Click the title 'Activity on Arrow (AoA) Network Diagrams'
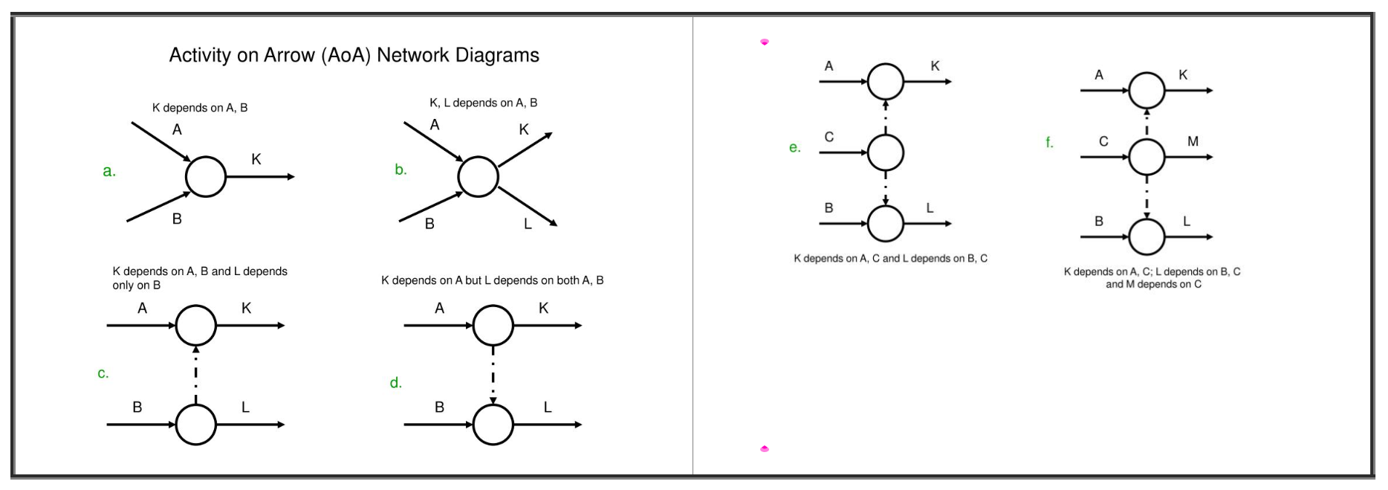click(354, 55)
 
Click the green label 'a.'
click(109, 171)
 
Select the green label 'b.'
click(400, 170)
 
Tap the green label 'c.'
click(103, 373)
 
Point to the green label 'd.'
click(395, 383)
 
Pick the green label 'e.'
click(795, 147)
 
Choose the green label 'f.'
click(1049, 142)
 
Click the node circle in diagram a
click(205, 177)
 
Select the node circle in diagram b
click(478, 177)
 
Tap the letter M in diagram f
click(1193, 141)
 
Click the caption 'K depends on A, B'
click(200, 108)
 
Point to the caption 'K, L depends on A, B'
click(483, 103)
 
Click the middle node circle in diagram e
click(885, 152)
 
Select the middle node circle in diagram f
click(1147, 157)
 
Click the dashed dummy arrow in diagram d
click(493, 375)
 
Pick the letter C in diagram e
click(829, 137)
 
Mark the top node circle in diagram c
click(195, 326)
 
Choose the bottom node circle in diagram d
click(493, 425)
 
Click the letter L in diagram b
click(528, 224)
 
